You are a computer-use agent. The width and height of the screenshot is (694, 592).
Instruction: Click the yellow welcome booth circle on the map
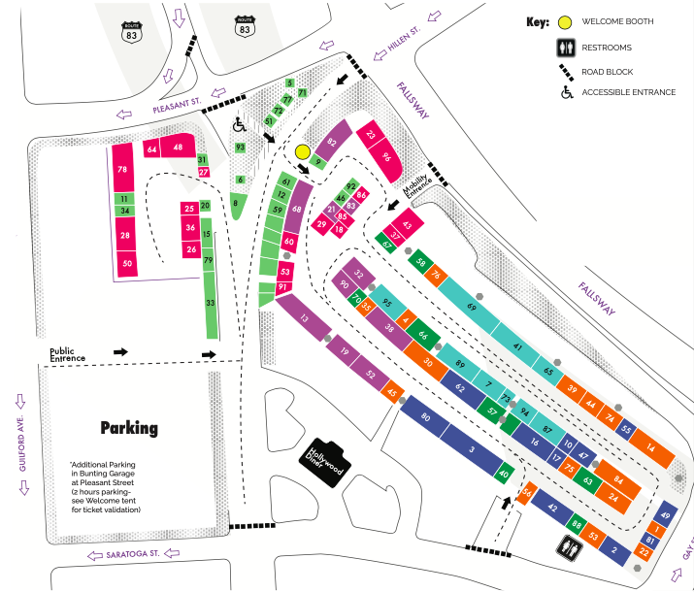coord(302,151)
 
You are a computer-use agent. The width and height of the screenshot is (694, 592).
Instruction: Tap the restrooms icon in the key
coord(565,48)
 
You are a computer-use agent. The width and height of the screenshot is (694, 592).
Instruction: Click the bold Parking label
coord(129,427)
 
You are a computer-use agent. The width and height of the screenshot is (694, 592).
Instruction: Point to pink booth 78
coord(122,170)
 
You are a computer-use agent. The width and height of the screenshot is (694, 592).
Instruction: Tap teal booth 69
coord(472,307)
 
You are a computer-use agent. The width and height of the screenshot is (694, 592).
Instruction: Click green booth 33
coord(211,304)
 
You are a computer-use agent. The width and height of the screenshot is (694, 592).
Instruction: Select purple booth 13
coord(304,318)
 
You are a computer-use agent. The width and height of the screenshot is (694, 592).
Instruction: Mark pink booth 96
coord(386,157)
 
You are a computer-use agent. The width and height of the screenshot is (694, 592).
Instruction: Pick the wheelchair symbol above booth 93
coord(239,123)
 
